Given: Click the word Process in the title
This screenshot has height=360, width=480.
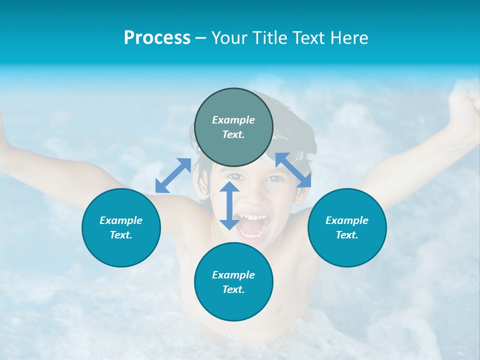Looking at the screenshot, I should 157,38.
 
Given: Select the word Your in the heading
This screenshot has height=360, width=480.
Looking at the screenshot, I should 230,38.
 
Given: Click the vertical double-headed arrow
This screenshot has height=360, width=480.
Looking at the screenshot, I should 229,205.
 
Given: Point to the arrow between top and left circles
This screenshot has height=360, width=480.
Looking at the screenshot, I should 173,175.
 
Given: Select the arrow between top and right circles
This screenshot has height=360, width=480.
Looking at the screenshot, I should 293,170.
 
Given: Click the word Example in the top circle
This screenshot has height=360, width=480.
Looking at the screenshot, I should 233,120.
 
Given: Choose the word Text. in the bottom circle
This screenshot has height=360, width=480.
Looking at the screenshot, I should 233,289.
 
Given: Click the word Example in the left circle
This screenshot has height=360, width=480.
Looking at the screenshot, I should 121,220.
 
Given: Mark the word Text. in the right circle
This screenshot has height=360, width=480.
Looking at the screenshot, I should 347,235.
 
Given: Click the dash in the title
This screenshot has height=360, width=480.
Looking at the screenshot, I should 201,38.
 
